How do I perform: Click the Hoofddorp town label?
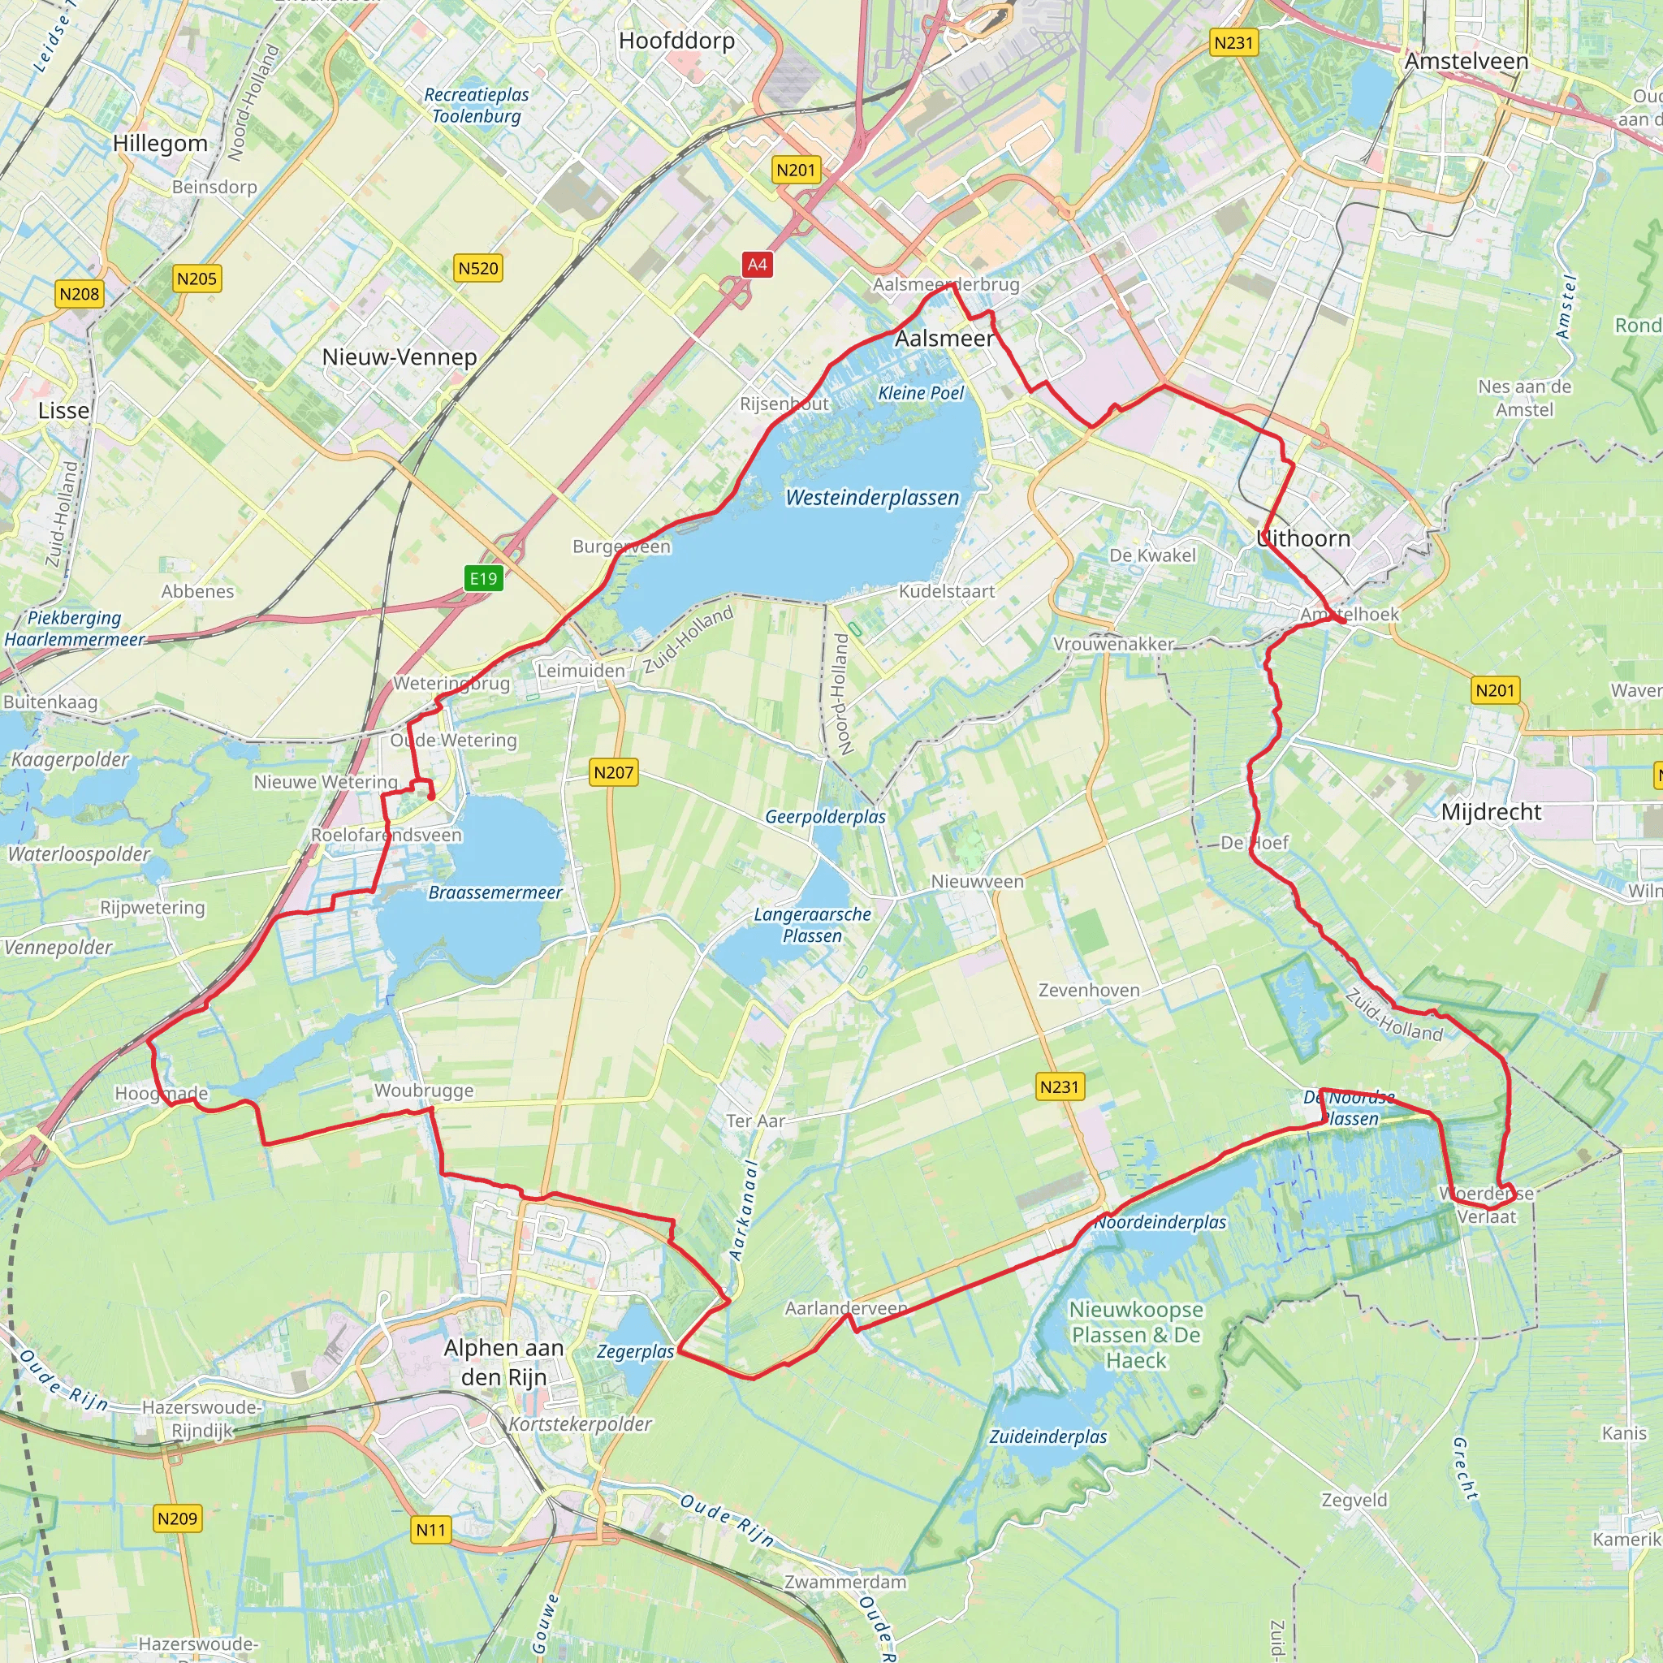tap(676, 41)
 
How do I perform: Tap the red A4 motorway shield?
tap(757, 265)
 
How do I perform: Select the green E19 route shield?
tap(483, 578)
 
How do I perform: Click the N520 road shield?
tap(477, 269)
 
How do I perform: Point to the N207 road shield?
tap(614, 773)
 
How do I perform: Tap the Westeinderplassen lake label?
tap(872, 498)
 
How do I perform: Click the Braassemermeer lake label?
tap(495, 892)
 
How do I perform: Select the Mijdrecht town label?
tap(1491, 812)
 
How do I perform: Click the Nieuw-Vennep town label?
tap(400, 357)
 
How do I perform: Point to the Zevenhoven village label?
tap(1089, 990)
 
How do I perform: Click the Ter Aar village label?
tap(755, 1121)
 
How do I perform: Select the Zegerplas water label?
tap(635, 1351)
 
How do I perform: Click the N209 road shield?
tap(177, 1519)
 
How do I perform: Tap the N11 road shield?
tap(430, 1531)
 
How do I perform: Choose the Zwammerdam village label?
tap(845, 1582)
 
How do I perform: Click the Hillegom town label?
tap(160, 144)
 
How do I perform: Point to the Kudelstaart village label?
tap(947, 591)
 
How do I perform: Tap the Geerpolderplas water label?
tap(825, 817)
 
